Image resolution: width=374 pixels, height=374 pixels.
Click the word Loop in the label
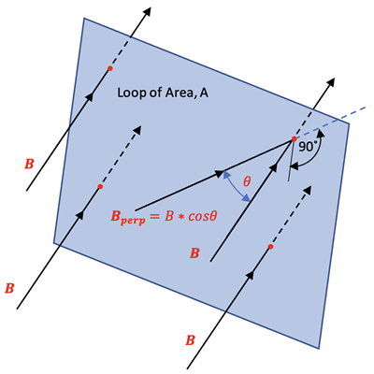[128, 93]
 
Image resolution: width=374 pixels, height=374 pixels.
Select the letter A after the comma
[204, 93]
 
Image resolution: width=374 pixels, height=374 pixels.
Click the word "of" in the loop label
[150, 93]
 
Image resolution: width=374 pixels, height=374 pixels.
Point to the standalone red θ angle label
[247, 181]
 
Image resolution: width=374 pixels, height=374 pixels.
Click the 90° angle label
[308, 147]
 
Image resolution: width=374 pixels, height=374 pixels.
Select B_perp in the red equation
[128, 217]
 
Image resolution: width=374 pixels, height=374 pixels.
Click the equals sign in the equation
[155, 216]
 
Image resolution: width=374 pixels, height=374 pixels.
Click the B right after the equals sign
[168, 216]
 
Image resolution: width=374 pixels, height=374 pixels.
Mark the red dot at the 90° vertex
[294, 139]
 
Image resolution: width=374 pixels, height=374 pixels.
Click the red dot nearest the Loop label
[109, 68]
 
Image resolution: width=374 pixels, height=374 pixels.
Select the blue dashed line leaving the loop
[332, 122]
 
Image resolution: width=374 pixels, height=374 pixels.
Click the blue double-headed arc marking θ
[237, 186]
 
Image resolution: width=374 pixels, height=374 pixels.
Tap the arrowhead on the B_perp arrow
[220, 173]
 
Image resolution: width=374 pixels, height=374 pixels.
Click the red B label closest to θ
[194, 253]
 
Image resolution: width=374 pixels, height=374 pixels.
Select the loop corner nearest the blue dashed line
[349, 123]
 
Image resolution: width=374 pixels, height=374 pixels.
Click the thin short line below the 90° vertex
[291, 160]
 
